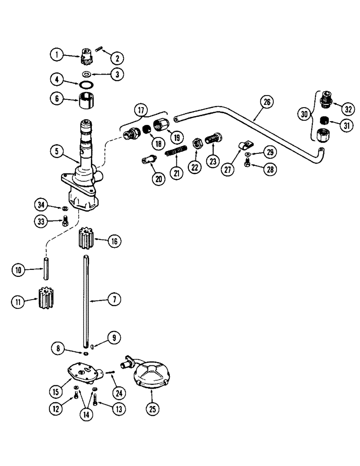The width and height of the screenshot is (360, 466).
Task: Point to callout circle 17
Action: pyautogui.click(x=140, y=111)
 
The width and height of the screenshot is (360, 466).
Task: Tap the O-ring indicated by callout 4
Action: pyautogui.click(x=86, y=85)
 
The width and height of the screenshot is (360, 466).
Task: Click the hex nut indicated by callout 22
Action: pyautogui.click(x=197, y=142)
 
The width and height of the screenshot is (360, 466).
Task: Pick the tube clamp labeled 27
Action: pyautogui.click(x=242, y=145)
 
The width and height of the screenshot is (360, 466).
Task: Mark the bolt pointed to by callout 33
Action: pyautogui.click(x=65, y=220)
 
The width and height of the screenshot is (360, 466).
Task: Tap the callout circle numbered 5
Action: pyautogui.click(x=56, y=151)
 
